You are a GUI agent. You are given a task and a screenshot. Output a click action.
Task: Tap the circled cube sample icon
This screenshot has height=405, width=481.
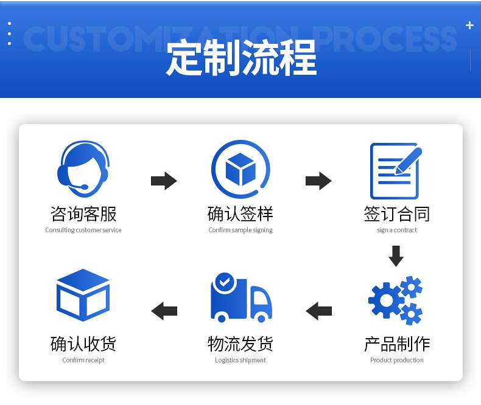pyautogui.click(x=240, y=169)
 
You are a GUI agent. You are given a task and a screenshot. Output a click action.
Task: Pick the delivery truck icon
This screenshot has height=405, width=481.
pyautogui.click(x=241, y=299)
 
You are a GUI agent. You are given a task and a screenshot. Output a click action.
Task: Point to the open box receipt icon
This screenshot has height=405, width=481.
pyautogui.click(x=83, y=296)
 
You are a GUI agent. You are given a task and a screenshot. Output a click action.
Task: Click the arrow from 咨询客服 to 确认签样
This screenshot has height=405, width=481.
pyautogui.click(x=164, y=181)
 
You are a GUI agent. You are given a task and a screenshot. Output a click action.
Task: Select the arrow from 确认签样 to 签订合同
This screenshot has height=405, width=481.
pyautogui.click(x=318, y=181)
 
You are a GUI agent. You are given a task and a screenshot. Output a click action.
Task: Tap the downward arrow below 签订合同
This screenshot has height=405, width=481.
pyautogui.click(x=396, y=255)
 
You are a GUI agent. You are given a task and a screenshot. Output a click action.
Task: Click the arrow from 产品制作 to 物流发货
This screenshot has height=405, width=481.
pyautogui.click(x=318, y=311)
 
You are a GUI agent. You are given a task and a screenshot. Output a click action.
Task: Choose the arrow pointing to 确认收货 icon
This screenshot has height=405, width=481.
pyautogui.click(x=164, y=311)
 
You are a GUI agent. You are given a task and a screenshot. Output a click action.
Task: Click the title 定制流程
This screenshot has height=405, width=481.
pyautogui.click(x=241, y=58)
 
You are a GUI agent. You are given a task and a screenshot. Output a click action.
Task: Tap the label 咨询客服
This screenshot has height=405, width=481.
pyautogui.click(x=83, y=214)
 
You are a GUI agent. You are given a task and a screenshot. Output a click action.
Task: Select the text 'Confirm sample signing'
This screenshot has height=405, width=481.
pyautogui.click(x=240, y=230)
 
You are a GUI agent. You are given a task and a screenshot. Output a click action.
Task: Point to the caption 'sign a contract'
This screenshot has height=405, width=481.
pyautogui.click(x=397, y=230)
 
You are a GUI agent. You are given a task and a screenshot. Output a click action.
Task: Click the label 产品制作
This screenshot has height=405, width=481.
pyautogui.click(x=397, y=344)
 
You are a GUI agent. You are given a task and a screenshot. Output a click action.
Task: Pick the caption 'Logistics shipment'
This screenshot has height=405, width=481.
pyautogui.click(x=240, y=361)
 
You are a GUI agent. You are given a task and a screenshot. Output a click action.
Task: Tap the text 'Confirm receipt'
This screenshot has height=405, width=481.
pyautogui.click(x=83, y=361)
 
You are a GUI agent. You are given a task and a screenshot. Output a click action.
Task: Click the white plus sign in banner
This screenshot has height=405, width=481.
pyautogui.click(x=469, y=26)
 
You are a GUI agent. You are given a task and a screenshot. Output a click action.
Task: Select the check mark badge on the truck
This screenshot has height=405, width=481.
pyautogui.click(x=224, y=282)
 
